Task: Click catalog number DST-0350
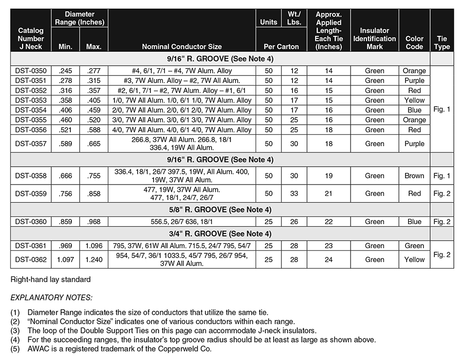[31, 71]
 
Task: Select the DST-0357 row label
[31, 144]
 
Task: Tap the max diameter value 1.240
[94, 259]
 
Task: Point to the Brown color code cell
[414, 176]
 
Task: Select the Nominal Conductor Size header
[182, 47]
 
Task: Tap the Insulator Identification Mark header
[374, 38]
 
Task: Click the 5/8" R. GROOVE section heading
[220, 209]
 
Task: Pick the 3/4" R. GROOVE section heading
[220, 234]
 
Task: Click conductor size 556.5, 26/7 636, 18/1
[182, 222]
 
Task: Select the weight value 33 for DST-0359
[294, 194]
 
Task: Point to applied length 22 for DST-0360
[329, 222]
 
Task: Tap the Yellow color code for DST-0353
[414, 101]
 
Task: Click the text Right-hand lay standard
[50, 279]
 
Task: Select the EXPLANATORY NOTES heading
[51, 297]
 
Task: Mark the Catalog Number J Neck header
[31, 38]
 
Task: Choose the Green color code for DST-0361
[414, 246]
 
